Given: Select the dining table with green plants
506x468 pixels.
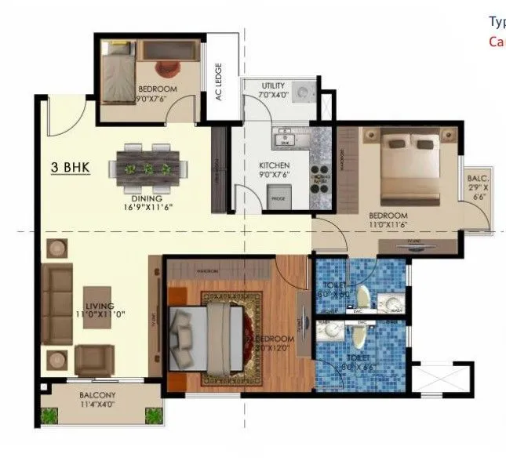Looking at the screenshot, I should click(x=150, y=168).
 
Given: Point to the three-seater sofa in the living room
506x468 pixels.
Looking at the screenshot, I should click(x=56, y=305).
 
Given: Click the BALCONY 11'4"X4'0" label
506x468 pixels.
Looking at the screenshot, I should click(x=98, y=400).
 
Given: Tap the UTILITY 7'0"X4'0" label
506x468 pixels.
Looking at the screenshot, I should click(x=273, y=89).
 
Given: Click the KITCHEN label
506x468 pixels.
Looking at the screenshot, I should click(x=275, y=165).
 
